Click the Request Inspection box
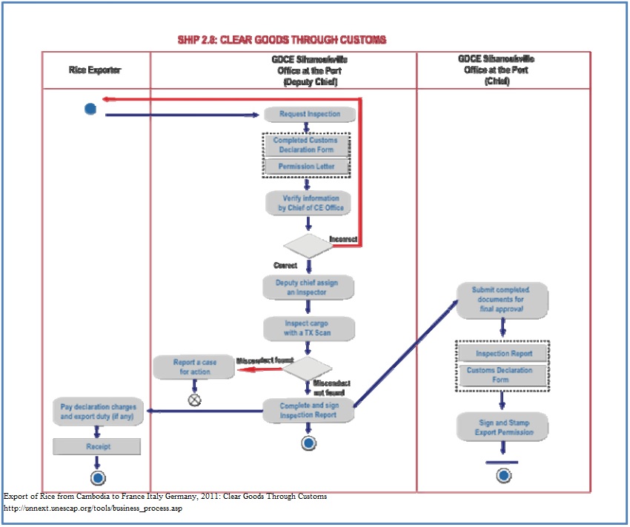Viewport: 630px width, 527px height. point(310,114)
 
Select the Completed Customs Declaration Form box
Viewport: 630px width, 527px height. point(305,145)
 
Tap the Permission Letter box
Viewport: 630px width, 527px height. point(306,167)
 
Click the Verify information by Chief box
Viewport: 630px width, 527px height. point(310,204)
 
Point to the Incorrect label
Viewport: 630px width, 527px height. point(343,239)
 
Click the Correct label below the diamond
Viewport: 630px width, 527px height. point(285,265)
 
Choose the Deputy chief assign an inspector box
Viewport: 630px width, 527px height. point(308,287)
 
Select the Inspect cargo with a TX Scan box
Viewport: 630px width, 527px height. point(309,328)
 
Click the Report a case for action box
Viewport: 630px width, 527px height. point(193,367)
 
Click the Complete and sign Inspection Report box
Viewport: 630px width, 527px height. point(308,410)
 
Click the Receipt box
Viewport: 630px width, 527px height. point(96,446)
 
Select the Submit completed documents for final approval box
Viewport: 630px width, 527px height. point(502,299)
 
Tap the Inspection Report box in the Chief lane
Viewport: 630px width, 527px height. point(504,354)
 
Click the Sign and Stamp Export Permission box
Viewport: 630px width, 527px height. point(503,427)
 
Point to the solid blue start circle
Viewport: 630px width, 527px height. point(90,109)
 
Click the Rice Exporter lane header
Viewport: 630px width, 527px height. point(96,70)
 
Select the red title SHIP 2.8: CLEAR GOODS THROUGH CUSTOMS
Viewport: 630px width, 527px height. point(282,39)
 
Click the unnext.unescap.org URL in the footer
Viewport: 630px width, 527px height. point(93,508)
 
